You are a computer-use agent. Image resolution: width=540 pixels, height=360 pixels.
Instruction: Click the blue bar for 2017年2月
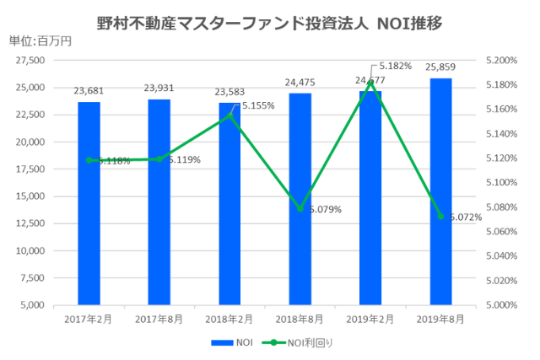[89, 203]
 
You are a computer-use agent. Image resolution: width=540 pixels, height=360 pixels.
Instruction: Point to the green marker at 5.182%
[370, 82]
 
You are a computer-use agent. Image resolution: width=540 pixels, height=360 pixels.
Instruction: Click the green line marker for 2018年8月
[300, 208]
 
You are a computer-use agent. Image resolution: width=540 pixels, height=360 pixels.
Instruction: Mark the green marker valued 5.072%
[440, 217]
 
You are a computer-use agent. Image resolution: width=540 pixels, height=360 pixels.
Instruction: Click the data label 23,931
[159, 87]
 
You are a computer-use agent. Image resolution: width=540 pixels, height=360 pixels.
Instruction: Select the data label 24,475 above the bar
[300, 82]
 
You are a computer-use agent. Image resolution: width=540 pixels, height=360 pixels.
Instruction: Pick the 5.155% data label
[257, 106]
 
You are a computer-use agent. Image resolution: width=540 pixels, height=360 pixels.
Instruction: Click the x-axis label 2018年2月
[229, 319]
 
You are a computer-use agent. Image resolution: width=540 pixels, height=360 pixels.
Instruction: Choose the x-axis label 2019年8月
[440, 319]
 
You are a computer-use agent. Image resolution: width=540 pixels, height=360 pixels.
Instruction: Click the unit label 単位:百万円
[40, 40]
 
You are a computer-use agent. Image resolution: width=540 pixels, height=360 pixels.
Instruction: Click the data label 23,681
[89, 89]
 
